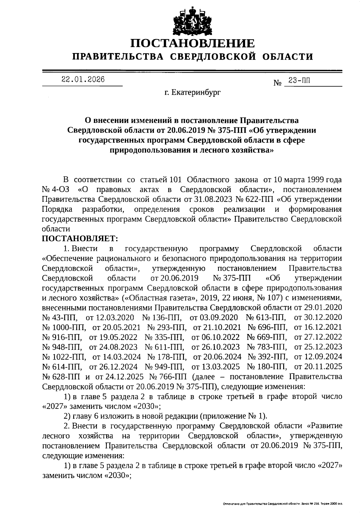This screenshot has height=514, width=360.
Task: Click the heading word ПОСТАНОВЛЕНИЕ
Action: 192,43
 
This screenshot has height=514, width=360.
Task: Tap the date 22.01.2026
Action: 83,80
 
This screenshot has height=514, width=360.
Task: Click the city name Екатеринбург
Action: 192,93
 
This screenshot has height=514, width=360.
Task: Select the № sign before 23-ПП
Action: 277,82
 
